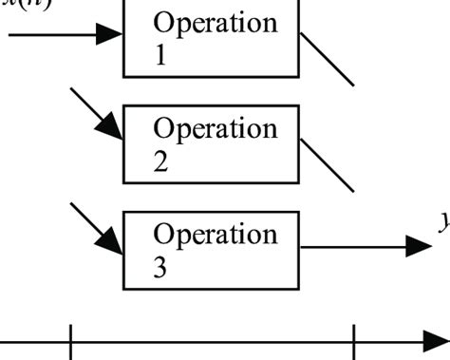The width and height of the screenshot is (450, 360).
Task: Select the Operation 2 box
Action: click(x=211, y=144)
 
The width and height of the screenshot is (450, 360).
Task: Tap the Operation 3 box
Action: click(x=211, y=251)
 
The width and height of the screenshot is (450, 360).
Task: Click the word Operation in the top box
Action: click(x=216, y=22)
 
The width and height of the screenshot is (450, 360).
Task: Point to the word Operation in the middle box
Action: click(x=216, y=128)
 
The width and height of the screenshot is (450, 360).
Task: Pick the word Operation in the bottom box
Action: click(x=216, y=235)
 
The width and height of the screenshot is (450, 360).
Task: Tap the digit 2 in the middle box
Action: click(x=160, y=161)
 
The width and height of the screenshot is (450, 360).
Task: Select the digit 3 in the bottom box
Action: click(x=160, y=268)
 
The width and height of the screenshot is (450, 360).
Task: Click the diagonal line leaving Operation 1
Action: click(x=328, y=59)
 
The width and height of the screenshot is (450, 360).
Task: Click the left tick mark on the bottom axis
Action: click(x=71, y=342)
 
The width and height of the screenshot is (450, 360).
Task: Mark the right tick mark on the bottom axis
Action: click(x=354, y=342)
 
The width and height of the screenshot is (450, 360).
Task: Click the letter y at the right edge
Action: click(x=443, y=222)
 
